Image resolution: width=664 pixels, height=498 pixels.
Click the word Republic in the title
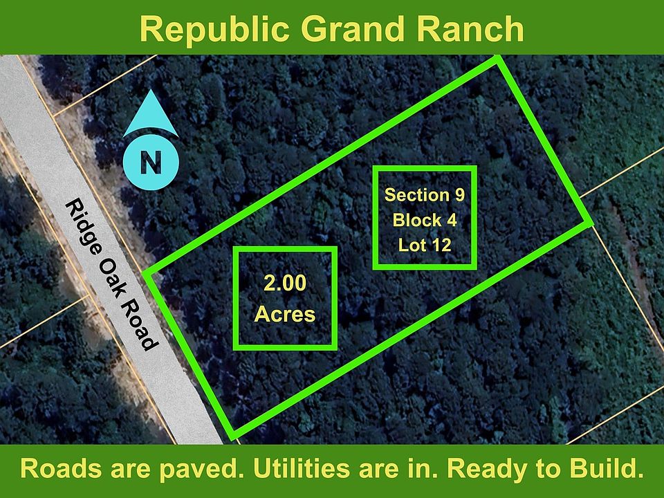click(x=214, y=30)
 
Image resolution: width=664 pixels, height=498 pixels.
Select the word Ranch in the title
click(x=470, y=29)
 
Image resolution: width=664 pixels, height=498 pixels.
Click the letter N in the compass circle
click(x=151, y=162)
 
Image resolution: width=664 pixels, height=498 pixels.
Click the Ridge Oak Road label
click(x=112, y=275)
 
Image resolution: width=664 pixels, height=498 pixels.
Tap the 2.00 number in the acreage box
click(x=284, y=283)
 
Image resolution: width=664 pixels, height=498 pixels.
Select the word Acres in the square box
click(x=284, y=314)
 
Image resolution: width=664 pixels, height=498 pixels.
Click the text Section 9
click(x=424, y=195)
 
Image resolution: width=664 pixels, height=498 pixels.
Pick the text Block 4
click(x=425, y=220)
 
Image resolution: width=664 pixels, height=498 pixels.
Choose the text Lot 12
click(x=425, y=245)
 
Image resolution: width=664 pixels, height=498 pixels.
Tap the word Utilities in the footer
click(x=301, y=468)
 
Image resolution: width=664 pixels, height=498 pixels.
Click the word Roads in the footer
click(x=61, y=468)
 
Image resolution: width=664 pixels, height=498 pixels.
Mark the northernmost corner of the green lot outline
click(x=498, y=58)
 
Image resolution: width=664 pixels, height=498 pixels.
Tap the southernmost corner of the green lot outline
click(x=233, y=436)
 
